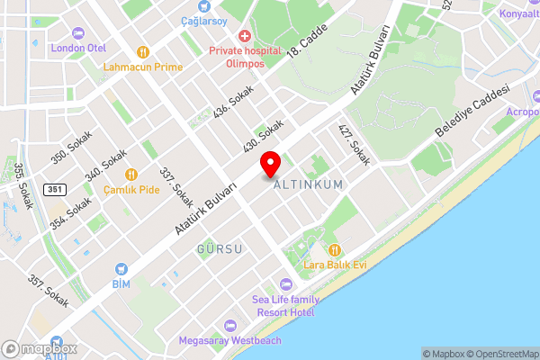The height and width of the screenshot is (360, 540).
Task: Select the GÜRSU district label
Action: pos(220,248)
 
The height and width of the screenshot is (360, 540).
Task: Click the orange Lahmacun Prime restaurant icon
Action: pos(142,51)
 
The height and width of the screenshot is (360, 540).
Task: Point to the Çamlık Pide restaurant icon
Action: pos(131,175)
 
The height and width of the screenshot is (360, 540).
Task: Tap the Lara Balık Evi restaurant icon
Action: pos(335,249)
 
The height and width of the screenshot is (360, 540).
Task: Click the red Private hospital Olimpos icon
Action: pos(244,36)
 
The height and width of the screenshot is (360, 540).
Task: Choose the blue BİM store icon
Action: pos(121,269)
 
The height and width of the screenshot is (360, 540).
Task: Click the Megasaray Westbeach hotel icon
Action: pos(229,325)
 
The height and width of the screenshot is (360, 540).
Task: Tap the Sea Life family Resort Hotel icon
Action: pos(285,284)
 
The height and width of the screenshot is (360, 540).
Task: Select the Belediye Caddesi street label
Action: pos(472,112)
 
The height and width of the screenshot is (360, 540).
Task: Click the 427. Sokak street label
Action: pos(354,145)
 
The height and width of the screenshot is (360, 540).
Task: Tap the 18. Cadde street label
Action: pos(306,40)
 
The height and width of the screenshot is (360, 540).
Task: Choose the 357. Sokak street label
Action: pos(49,291)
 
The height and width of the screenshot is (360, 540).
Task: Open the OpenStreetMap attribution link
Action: pos(500,354)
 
